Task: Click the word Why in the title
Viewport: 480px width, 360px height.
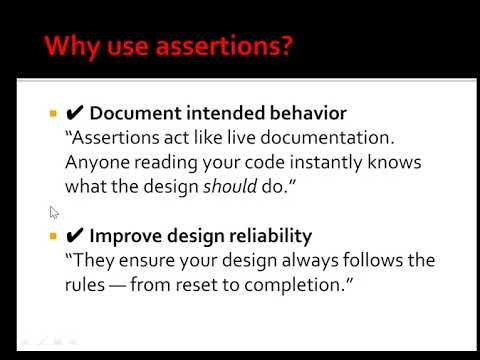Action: pos(74,46)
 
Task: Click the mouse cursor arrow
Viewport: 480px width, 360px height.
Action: pos(54,212)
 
